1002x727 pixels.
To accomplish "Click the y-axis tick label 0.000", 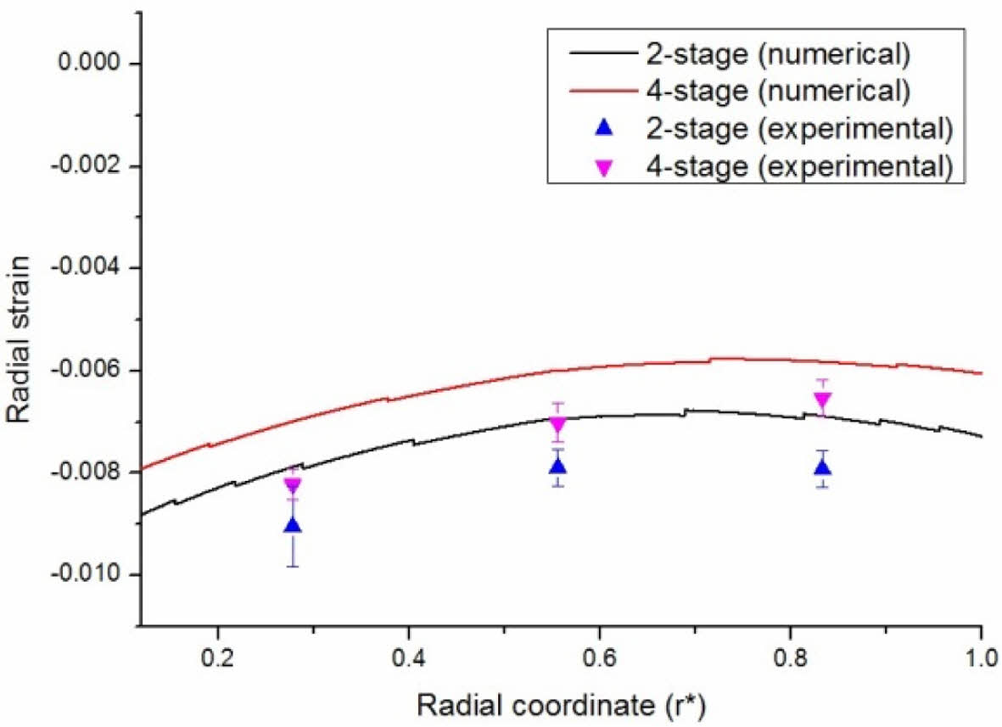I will click(85, 64).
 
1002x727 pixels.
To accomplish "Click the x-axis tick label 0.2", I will click(218, 657).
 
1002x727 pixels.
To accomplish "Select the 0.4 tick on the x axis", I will click(409, 657).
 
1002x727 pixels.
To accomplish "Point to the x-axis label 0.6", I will click(600, 657).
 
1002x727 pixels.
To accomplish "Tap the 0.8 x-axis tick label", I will click(791, 657).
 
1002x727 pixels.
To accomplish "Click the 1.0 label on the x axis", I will click(981, 657).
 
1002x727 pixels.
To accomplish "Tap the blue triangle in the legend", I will click(603, 129).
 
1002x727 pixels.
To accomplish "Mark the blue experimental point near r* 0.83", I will click(822, 467).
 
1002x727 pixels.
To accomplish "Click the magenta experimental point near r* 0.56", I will click(557, 425).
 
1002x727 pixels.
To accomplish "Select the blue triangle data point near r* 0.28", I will click(293, 525).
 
